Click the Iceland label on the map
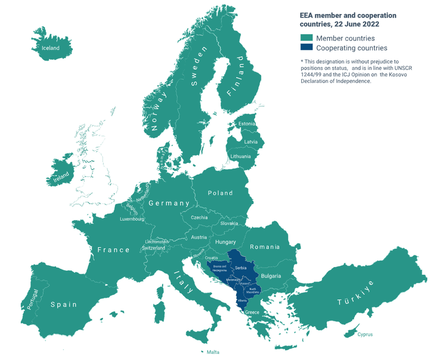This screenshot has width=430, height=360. (x=50, y=48)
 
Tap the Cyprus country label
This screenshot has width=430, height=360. (x=364, y=334)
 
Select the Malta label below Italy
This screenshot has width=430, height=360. (x=213, y=352)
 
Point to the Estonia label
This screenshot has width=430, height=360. (x=246, y=124)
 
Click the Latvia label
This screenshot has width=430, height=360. (x=250, y=142)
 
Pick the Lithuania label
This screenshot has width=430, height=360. (x=240, y=156)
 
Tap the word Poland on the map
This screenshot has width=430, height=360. (x=220, y=193)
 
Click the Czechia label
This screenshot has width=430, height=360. (x=199, y=217)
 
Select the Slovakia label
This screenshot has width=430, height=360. (x=229, y=223)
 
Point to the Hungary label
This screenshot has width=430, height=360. (x=226, y=242)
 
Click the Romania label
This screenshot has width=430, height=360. (x=264, y=247)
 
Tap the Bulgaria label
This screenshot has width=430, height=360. (x=271, y=276)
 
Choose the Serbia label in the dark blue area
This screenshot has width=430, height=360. (x=241, y=268)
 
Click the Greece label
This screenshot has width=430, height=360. (x=253, y=312)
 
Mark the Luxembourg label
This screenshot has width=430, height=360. (x=132, y=219)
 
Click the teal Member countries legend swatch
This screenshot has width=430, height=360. (x=306, y=38)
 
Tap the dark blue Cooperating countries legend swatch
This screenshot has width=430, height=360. (x=306, y=48)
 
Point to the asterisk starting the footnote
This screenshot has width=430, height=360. (x=302, y=62)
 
